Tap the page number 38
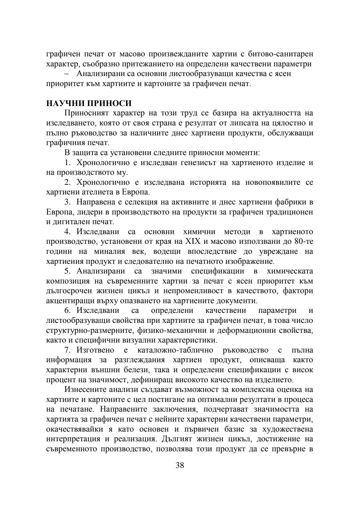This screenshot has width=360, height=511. point(180,465)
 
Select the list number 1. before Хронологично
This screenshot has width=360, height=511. point(68,163)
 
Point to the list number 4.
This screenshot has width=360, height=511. point(68,231)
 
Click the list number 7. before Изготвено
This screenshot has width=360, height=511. point(68,350)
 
